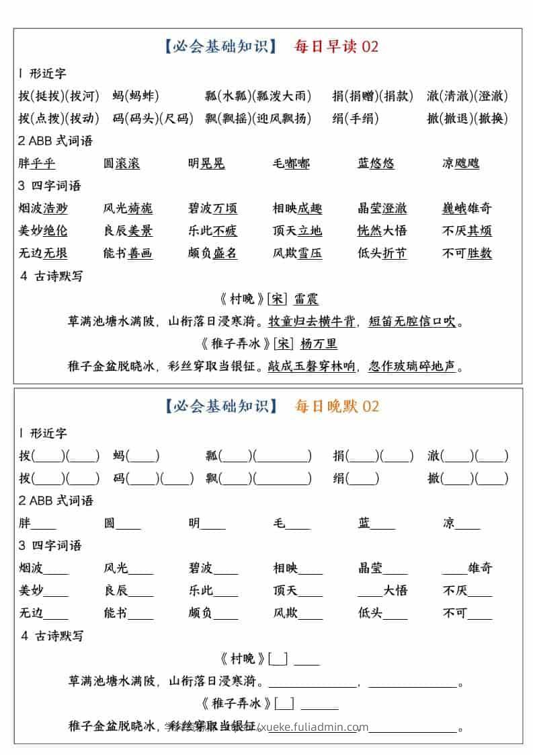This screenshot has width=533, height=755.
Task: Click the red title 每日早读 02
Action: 336,46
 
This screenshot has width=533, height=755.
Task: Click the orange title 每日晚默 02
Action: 336,406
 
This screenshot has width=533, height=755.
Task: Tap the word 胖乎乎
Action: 37,164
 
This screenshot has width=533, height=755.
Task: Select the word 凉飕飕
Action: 460,164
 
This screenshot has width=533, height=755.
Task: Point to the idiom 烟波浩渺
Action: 43,209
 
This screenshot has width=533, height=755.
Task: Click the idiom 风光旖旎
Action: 128,209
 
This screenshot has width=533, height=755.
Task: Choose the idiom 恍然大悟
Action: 382,231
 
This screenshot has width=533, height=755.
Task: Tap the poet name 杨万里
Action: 319,345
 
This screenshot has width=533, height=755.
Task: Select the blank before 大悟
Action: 370,591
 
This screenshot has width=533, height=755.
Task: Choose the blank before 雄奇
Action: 454,569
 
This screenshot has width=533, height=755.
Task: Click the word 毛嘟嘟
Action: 291,164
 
